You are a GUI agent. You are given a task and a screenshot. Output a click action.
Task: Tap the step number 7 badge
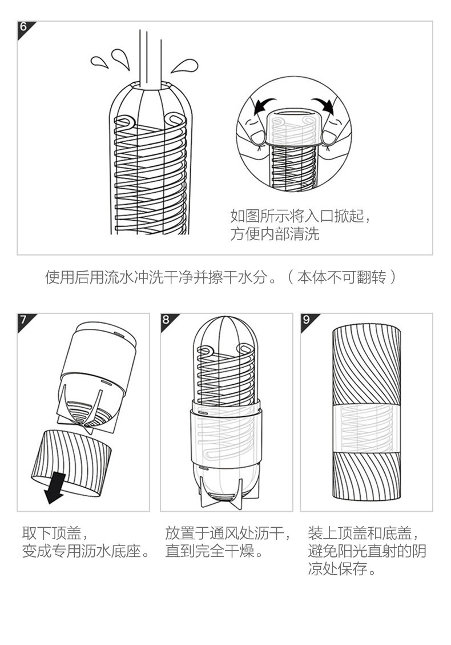23,319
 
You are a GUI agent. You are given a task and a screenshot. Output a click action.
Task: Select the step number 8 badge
166,319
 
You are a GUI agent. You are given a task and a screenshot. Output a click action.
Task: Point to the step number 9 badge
306,319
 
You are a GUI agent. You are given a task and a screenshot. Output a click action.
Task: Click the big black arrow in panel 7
55,488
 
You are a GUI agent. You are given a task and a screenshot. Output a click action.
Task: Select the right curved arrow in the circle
324,103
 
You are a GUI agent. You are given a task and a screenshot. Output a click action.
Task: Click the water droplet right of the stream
185,66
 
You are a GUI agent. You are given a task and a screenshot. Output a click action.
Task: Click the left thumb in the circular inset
257,137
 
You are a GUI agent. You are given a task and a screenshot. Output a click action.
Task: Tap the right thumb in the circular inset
329,137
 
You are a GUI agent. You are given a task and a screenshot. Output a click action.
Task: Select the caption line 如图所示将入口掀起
301,215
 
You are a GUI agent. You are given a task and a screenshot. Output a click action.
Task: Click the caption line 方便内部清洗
275,234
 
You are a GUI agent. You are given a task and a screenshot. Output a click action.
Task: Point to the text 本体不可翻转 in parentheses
341,277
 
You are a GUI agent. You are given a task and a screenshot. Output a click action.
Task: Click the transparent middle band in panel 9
367,427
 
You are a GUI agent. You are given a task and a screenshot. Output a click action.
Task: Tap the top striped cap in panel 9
367,364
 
